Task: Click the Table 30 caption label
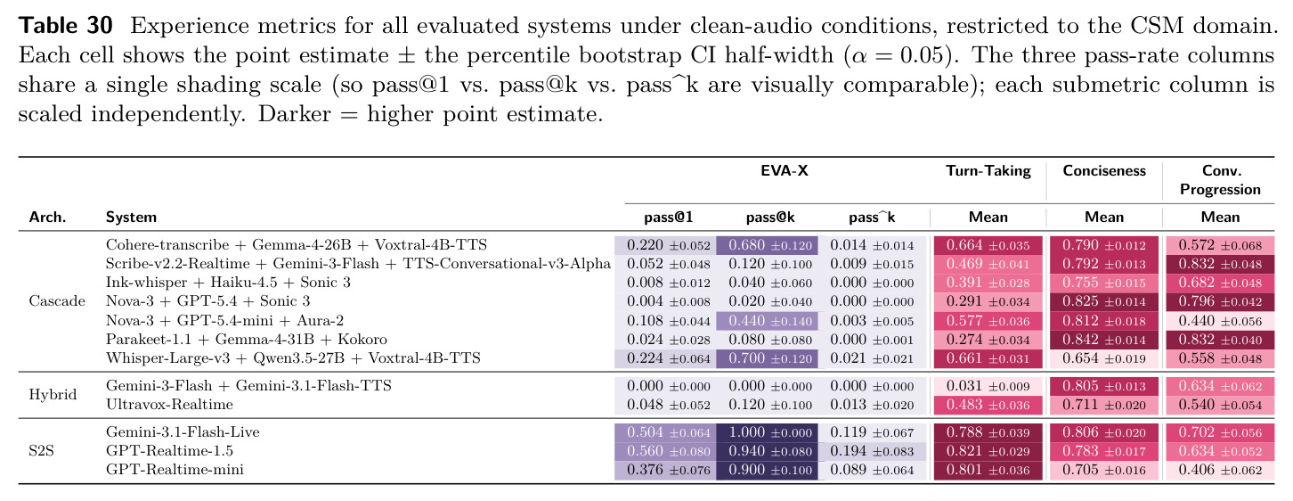[65, 26]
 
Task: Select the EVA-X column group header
[784, 170]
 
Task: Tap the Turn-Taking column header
[988, 171]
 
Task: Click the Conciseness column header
[1103, 171]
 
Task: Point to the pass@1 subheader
[669, 218]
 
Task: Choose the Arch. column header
[47, 218]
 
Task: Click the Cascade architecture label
[57, 301]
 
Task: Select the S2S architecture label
[42, 451]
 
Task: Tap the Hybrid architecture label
[53, 395]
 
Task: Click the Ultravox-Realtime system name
[169, 405]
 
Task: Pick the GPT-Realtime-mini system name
[175, 469]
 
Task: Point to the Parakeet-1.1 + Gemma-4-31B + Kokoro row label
[246, 340]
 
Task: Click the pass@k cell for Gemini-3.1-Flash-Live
[767, 432]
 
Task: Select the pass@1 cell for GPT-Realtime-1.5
[665, 451]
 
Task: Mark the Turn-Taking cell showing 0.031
[988, 386]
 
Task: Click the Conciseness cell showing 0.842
[1104, 340]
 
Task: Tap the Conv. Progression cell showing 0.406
[1220, 470]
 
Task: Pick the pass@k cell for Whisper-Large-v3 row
[767, 358]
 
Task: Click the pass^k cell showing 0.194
[872, 451]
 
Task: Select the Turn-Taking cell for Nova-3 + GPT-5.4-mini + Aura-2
[988, 321]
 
